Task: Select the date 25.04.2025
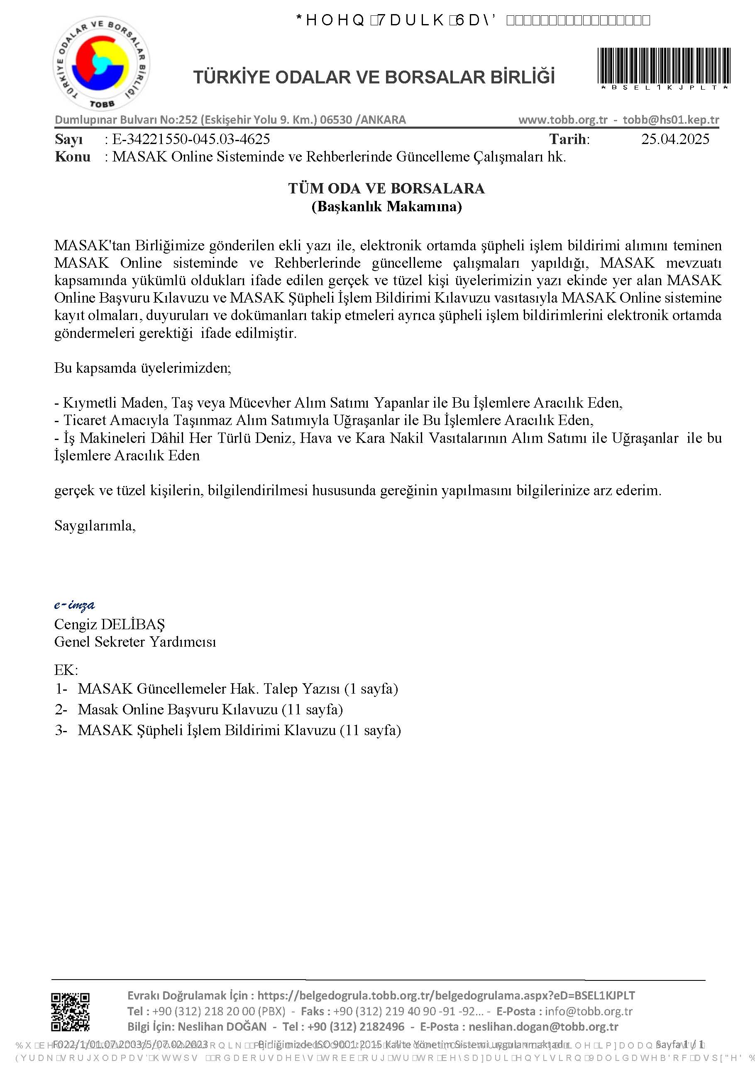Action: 675,139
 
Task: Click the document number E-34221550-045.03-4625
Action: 191,139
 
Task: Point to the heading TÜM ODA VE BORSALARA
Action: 386,188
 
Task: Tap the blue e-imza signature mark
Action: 74,605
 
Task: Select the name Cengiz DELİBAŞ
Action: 109,624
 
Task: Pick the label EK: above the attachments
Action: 66,670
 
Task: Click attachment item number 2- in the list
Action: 61,709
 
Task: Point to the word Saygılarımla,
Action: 95,525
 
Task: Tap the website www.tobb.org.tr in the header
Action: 563,120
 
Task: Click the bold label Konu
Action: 73,157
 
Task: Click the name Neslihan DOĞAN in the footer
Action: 222,1026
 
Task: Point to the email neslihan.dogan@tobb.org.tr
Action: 543,1026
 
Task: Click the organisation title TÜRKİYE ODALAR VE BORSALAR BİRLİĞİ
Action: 374,77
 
